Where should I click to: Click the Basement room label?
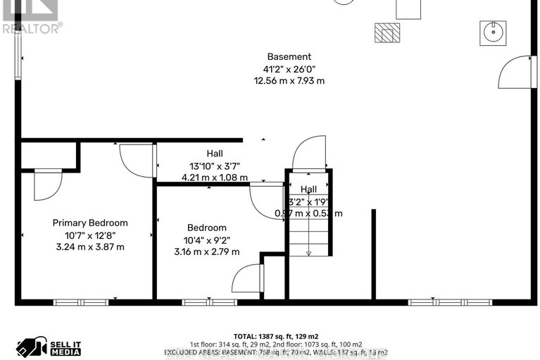tap(289, 56)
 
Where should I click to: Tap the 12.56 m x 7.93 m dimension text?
tap(289, 80)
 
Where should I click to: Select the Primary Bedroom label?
tap(90, 223)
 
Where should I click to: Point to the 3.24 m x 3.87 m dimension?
tap(90, 247)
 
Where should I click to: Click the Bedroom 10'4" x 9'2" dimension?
tap(206, 240)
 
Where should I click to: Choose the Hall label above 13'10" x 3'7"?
tap(215, 154)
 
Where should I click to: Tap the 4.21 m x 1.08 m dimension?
tap(215, 178)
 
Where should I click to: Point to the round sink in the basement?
tap(493, 30)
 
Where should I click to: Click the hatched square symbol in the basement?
tap(387, 32)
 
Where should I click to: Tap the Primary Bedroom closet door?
tap(48, 185)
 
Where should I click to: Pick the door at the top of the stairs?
tap(310, 154)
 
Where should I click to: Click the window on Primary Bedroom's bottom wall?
tap(81, 302)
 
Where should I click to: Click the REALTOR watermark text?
tap(32, 27)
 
